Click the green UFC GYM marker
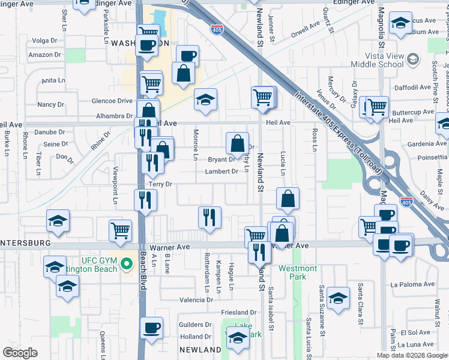[x=127, y=263]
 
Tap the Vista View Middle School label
[x=377, y=58]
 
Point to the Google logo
[x=20, y=352]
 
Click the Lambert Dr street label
[x=223, y=171]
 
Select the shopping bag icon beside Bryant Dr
[x=238, y=143]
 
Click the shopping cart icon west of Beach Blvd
[x=121, y=230]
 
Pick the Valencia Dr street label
[x=196, y=299]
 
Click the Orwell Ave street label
[x=306, y=30]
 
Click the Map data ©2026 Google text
[x=412, y=355]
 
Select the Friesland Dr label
[x=238, y=313]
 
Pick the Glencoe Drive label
[x=111, y=101]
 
